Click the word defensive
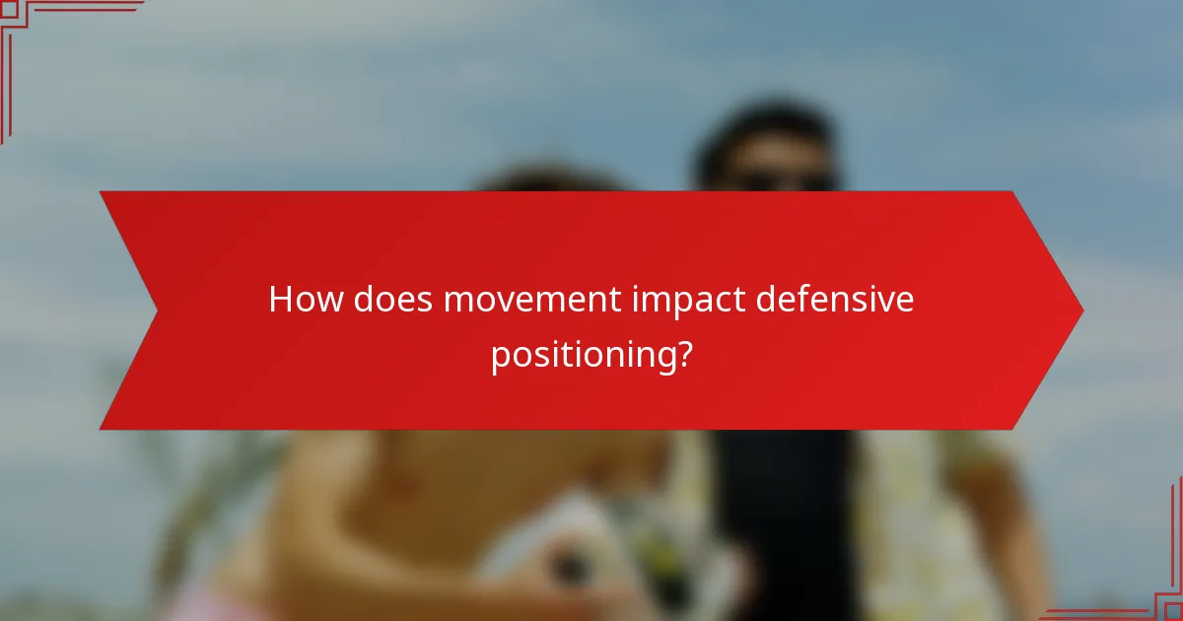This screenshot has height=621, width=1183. pyautogui.click(x=835, y=300)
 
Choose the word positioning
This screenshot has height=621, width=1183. pyautogui.click(x=577, y=355)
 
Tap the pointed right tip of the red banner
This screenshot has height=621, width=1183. pyautogui.click(x=1080, y=310)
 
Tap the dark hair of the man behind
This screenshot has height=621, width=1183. pyautogui.click(x=769, y=128)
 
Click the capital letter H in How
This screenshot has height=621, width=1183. pyautogui.click(x=281, y=300)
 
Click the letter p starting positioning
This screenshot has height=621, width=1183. pyautogui.click(x=501, y=357)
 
